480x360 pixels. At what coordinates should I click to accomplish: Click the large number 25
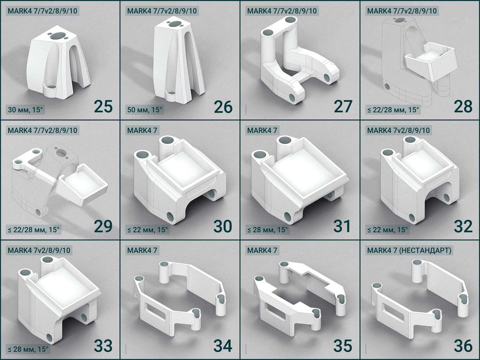click(x=103, y=106)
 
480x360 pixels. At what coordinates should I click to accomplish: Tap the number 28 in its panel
click(x=463, y=106)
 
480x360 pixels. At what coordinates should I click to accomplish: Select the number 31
click(x=342, y=226)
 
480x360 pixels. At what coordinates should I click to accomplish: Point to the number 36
click(x=463, y=346)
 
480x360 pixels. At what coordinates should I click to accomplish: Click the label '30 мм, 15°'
click(x=25, y=110)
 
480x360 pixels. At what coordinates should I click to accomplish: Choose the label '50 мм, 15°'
click(x=145, y=110)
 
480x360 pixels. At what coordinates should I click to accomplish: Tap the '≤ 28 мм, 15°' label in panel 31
click(x=267, y=229)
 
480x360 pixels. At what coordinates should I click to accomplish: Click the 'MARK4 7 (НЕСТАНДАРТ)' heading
click(x=409, y=250)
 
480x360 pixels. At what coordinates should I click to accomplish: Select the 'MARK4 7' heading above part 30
click(x=142, y=131)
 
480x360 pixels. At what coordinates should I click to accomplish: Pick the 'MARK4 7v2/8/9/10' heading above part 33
click(x=39, y=250)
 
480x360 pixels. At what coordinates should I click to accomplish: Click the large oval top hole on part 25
click(x=58, y=35)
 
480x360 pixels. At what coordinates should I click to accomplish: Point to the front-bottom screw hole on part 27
click(x=292, y=98)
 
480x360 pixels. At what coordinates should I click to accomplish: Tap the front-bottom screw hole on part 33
click(x=50, y=338)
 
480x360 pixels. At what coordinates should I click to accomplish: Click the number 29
click(x=103, y=226)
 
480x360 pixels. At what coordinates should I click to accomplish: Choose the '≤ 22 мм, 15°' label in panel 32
click(x=387, y=229)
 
